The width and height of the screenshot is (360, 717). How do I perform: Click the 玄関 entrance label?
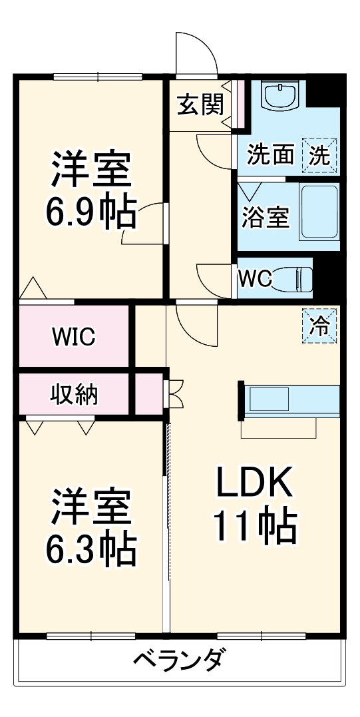pyautogui.click(x=200, y=105)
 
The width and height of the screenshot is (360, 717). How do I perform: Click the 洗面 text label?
pyautogui.click(x=270, y=154)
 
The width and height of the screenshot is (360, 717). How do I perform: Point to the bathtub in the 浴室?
pyautogui.click(x=320, y=212)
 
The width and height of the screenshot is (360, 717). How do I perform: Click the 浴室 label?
pyautogui.click(x=266, y=218)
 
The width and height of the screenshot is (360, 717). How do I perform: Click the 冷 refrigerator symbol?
pyautogui.click(x=321, y=326)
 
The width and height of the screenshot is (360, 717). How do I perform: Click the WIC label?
pyautogui.click(x=74, y=337)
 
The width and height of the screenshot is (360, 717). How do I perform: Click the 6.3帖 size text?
pyautogui.click(x=90, y=547)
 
